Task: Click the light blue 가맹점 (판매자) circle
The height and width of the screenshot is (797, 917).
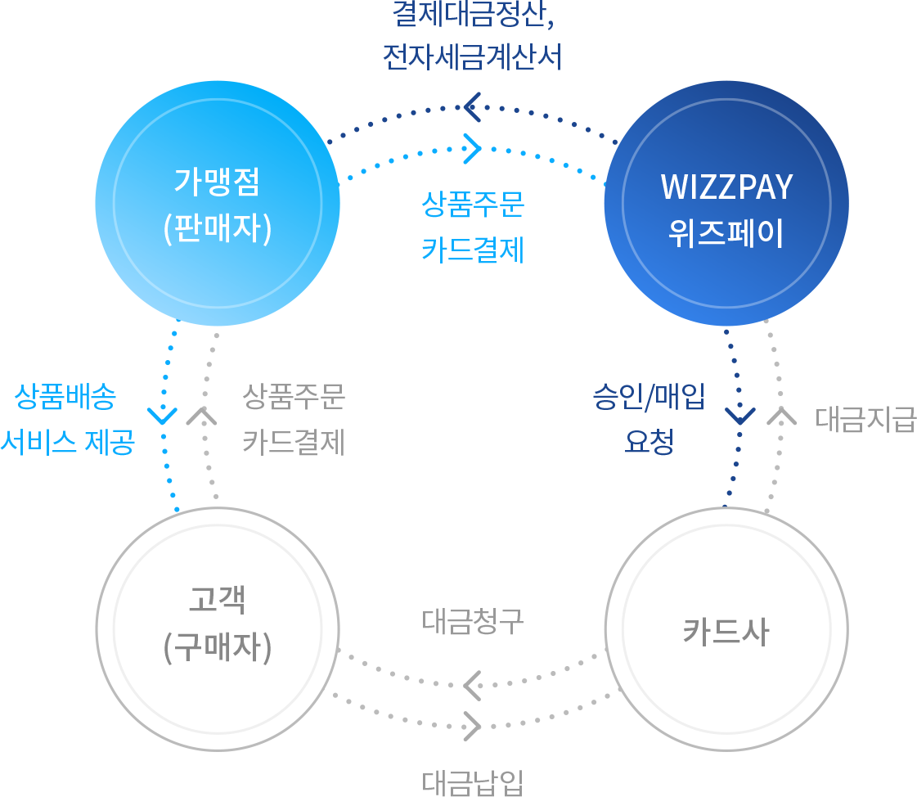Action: (217, 204)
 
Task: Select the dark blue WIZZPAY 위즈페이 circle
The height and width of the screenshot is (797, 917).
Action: (726, 204)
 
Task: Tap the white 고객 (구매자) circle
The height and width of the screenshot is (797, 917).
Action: (217, 628)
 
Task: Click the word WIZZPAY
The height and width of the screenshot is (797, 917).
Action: (726, 187)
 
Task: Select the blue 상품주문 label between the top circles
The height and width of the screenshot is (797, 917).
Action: (473, 205)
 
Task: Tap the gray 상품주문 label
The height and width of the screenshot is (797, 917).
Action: (294, 398)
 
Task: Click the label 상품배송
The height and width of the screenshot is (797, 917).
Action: (65, 398)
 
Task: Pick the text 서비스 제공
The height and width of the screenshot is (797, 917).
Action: (67, 443)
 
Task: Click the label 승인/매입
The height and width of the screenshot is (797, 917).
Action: (649, 398)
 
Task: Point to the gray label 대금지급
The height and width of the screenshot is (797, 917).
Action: (865, 419)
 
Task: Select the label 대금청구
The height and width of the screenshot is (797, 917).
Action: (473, 623)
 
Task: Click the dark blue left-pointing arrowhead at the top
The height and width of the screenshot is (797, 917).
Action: (472, 106)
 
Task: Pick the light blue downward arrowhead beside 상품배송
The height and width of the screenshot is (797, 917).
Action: (164, 415)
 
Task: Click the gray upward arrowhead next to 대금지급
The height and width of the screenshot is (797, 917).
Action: (781, 416)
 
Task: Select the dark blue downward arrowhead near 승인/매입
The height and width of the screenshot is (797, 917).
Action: (739, 415)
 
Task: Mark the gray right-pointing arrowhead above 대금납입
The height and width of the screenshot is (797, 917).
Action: (472, 725)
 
